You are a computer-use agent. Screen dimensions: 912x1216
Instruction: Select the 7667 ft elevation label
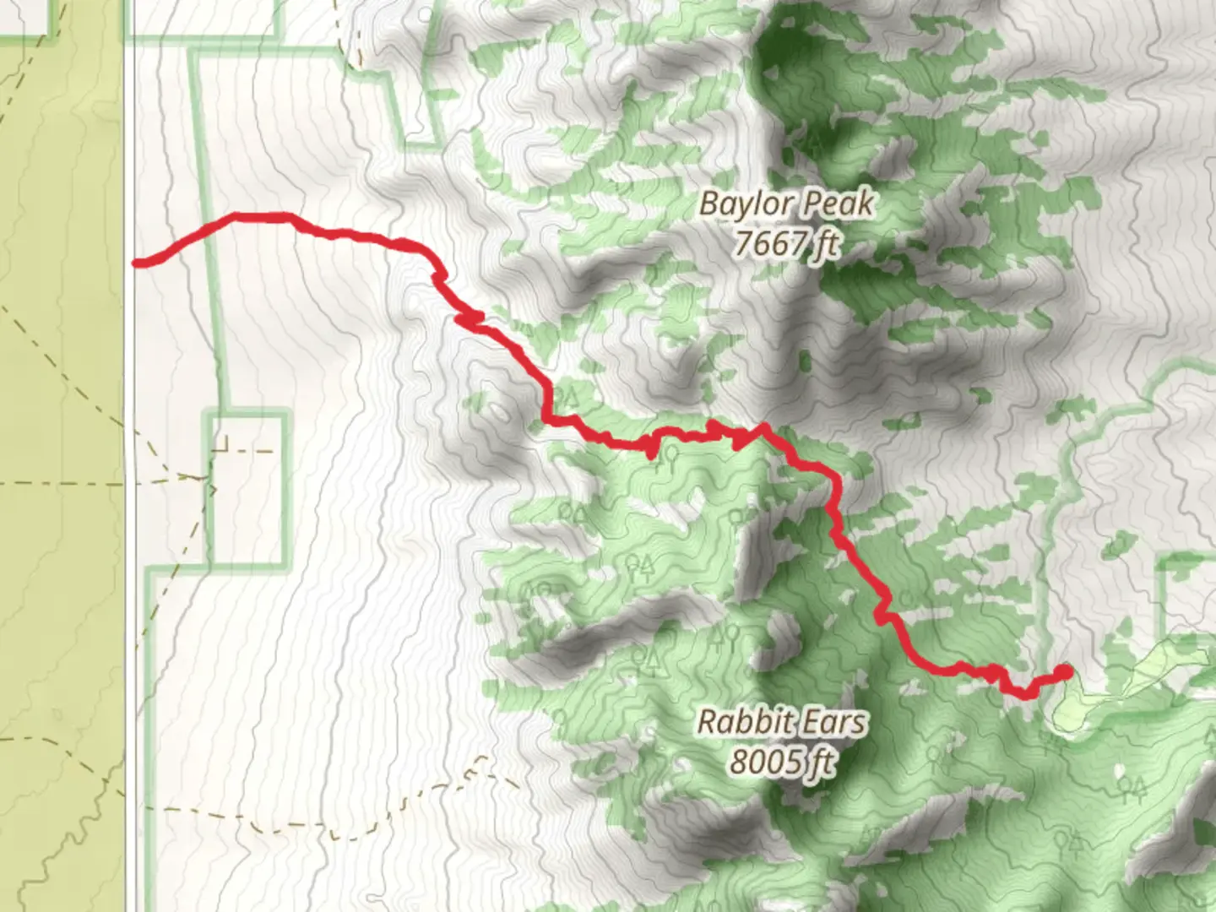787,244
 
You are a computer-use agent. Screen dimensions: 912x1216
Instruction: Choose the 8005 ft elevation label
783,763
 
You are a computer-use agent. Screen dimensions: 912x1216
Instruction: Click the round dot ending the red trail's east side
1064,672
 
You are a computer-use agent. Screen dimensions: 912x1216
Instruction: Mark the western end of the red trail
138,263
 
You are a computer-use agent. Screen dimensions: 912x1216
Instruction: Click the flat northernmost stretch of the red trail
258,217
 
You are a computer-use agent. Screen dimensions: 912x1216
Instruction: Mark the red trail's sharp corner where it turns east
548,417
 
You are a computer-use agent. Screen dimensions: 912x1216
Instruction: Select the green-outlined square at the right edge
1186,591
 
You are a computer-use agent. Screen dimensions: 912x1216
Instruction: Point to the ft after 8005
822,763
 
